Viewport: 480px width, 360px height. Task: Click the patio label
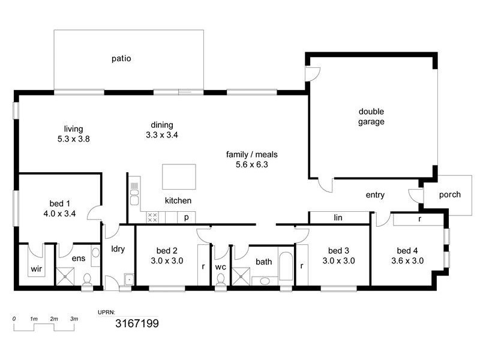click(121, 59)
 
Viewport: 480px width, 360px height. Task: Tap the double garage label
click(371, 116)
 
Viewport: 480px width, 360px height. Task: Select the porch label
click(450, 194)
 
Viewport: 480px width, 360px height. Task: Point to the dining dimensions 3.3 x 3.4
click(161, 135)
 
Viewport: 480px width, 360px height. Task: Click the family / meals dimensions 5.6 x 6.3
click(251, 164)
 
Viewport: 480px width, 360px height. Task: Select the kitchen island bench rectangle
click(178, 177)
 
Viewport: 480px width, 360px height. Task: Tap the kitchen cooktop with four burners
click(152, 217)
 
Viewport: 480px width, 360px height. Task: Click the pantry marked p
click(187, 217)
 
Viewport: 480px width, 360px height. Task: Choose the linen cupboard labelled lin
click(338, 217)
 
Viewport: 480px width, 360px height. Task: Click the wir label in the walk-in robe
click(36, 269)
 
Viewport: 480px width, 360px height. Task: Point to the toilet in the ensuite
click(87, 280)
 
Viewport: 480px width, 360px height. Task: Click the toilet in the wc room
click(220, 280)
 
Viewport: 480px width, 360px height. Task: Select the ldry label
click(118, 249)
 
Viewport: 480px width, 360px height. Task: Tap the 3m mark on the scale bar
click(74, 319)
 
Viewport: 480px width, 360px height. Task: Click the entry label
click(375, 195)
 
